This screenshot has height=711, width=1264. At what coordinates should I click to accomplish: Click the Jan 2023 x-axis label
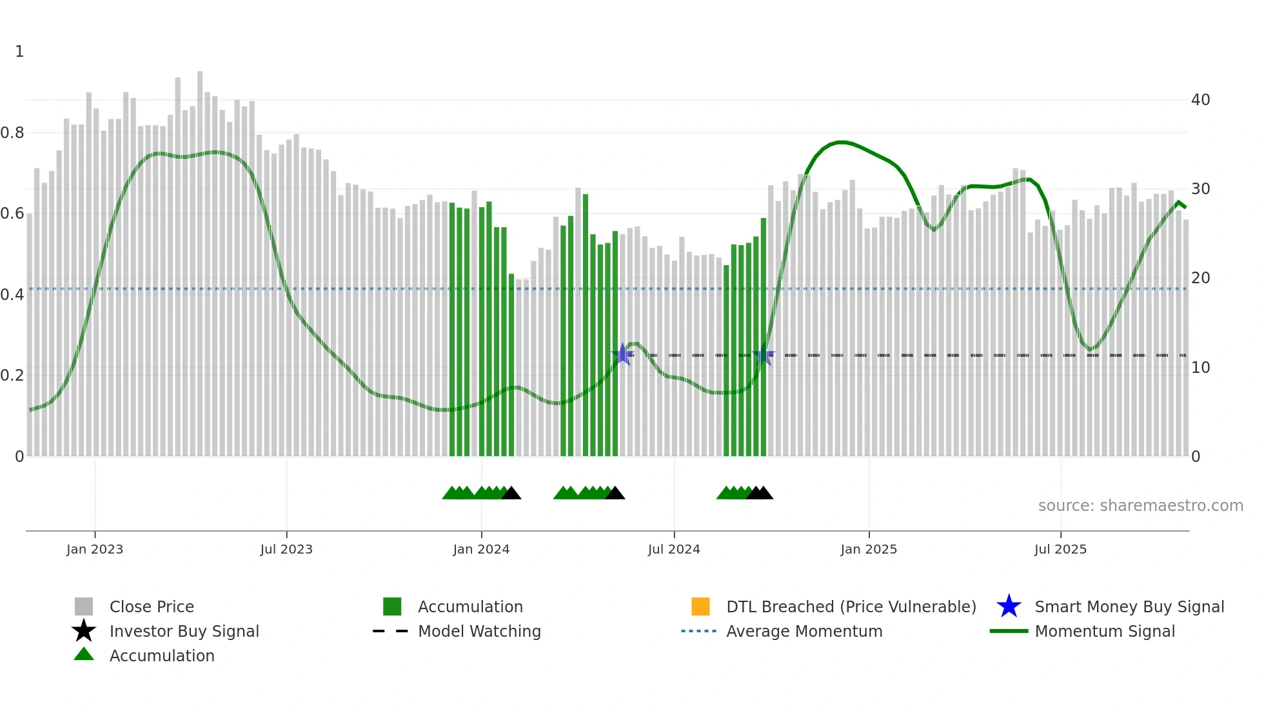point(95,549)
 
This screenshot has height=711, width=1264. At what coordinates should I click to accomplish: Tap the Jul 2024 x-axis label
point(674,549)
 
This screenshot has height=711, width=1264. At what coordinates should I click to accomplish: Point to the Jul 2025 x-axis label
point(1060,549)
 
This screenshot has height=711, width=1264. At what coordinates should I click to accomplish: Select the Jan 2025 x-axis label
point(869,549)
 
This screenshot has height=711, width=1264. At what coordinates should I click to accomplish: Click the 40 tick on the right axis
point(1200,100)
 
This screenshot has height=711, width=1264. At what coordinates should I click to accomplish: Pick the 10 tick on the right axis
point(1200,368)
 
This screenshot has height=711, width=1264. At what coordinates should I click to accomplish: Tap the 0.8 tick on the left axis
point(12,133)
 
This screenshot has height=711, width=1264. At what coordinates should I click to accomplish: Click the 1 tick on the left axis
point(19,52)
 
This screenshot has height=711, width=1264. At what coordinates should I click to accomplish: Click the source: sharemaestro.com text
point(1140,506)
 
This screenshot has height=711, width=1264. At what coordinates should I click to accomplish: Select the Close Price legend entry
point(152,606)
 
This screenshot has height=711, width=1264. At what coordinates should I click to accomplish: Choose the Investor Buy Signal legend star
point(84,631)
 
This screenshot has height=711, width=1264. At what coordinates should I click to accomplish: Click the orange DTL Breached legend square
point(700,606)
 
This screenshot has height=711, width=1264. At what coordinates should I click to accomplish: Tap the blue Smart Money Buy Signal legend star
point(1009,606)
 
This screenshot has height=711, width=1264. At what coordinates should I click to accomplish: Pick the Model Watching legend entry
point(479,631)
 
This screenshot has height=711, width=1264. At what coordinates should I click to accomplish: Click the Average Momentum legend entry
point(804,631)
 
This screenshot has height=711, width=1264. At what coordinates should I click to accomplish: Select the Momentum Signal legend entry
point(1105,631)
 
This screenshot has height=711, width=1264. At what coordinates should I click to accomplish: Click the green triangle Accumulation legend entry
point(84,654)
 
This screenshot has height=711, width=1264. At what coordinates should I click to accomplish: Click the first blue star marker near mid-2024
point(622,354)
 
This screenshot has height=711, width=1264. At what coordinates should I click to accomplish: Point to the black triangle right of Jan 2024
point(511,494)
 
